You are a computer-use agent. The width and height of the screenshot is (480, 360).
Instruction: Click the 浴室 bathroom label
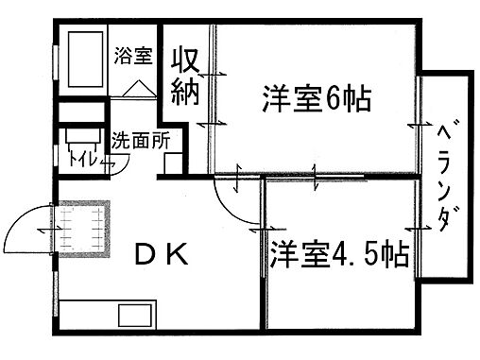132,55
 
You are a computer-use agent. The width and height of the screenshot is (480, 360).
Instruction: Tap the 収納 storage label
183,75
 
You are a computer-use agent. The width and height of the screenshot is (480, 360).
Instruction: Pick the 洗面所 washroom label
141,143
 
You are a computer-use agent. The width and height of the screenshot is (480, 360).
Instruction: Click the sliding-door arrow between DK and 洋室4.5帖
256,229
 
